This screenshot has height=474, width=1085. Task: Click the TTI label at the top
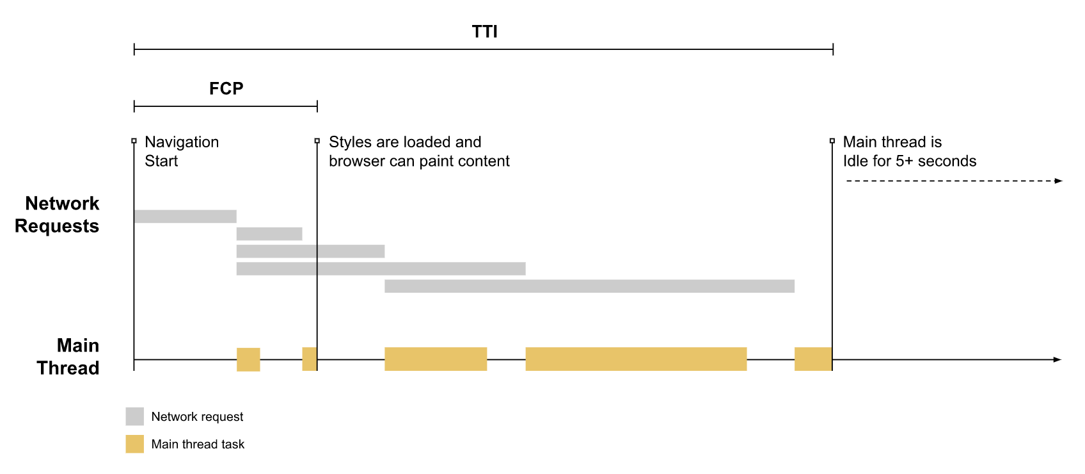click(485, 31)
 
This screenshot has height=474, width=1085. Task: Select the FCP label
click(226, 88)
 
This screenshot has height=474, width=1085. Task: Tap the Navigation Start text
click(182, 151)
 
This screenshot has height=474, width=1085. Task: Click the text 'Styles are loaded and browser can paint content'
click(419, 151)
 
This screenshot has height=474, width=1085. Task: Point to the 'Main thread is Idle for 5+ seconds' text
click(910, 151)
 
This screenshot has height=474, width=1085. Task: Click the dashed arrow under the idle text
click(954, 181)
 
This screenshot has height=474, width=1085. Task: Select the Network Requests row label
click(57, 215)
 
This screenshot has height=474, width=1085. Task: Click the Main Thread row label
click(68, 357)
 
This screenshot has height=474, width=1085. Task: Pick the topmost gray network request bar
click(185, 217)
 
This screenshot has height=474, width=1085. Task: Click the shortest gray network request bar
click(269, 234)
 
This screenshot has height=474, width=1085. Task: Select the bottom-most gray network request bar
click(589, 286)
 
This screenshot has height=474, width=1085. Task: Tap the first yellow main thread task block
click(248, 359)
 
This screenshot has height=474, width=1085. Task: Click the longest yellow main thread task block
click(636, 359)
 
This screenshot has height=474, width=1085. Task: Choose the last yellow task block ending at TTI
click(813, 359)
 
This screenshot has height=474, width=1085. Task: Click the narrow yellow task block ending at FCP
click(310, 359)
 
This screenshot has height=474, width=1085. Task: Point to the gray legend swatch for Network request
click(134, 416)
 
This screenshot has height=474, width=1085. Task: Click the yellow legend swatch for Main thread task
click(134, 444)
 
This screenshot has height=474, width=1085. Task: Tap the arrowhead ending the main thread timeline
click(1058, 359)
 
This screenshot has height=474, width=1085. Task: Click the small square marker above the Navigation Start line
click(134, 141)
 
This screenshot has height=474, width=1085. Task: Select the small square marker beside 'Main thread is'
click(832, 141)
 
